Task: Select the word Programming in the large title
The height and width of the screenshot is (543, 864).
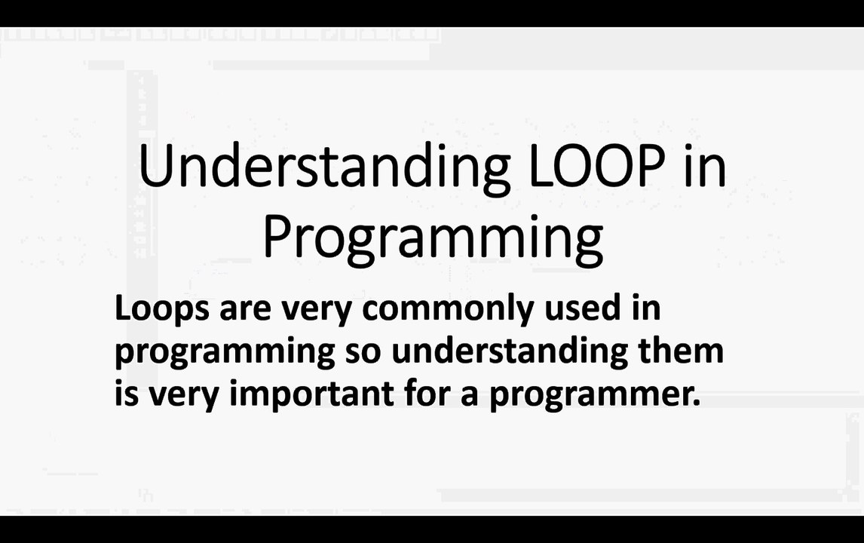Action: pos(432,236)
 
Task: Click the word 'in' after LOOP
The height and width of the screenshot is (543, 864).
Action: pos(705,167)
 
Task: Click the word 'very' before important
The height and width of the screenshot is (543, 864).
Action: pos(184,394)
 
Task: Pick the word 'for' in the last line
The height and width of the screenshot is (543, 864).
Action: pos(427,393)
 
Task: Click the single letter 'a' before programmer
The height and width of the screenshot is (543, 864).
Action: pos(470,394)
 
